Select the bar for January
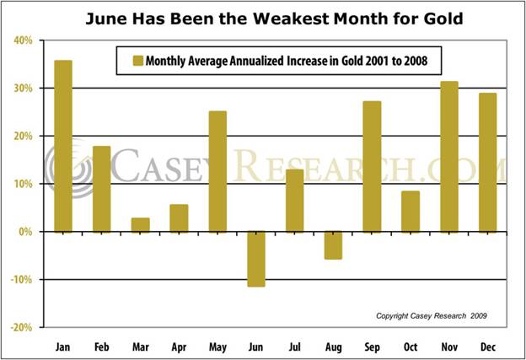pos(63,146)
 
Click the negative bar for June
pos(256,259)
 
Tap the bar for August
pos(334,244)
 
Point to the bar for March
pos(140,224)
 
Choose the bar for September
pos(372,166)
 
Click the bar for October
pos(411,211)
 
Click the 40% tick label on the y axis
pos(23,40)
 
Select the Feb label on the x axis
pos(101,345)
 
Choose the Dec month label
pos(488,345)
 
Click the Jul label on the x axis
pos(294,345)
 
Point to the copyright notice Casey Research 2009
pos(431,315)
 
